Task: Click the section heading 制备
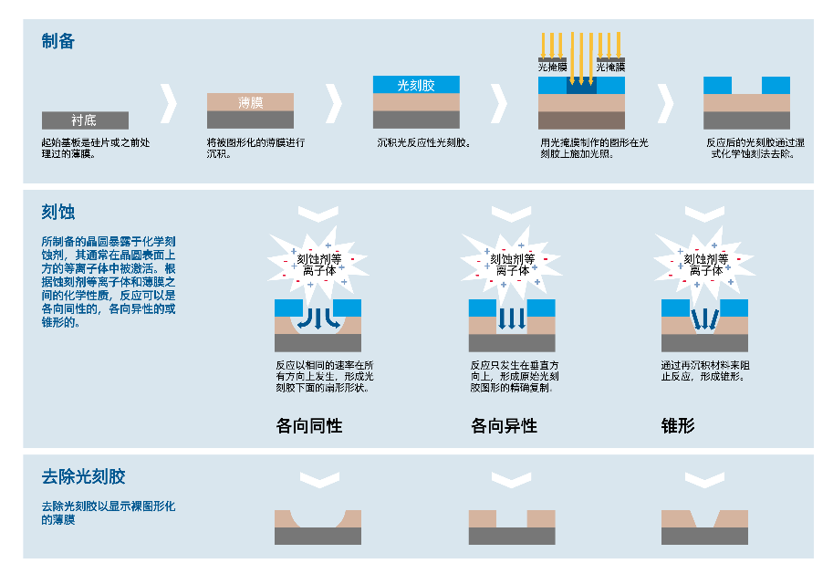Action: point(57,41)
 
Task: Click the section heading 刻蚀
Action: point(57,213)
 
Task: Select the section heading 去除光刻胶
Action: point(83,476)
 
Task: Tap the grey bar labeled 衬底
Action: point(85,120)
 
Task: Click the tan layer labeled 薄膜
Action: point(250,102)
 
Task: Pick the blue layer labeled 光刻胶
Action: point(416,85)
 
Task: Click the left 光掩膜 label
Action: point(553,67)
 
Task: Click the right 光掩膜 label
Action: point(610,67)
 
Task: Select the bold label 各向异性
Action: point(504,425)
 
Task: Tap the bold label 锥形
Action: point(678,425)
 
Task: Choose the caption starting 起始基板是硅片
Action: point(96,147)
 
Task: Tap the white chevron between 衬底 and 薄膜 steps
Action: point(168,103)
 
